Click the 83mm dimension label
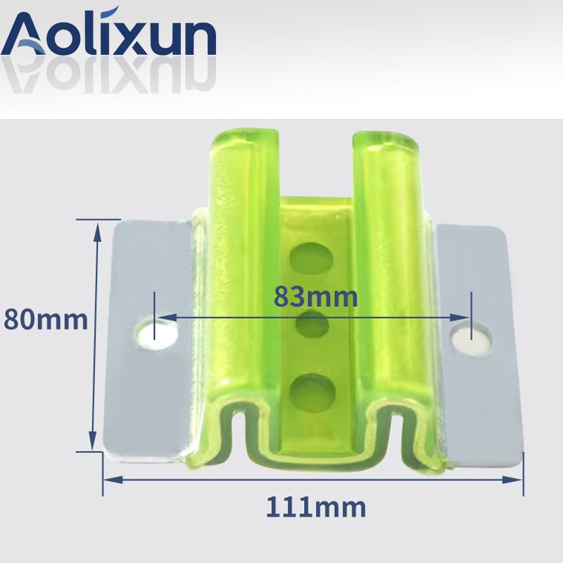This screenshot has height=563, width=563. tap(315, 297)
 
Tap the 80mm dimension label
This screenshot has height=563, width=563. tap(46, 320)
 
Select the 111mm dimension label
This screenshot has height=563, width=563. tap(316, 507)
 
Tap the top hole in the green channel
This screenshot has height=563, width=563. tap(312, 258)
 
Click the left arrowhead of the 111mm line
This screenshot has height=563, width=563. tap(112, 479)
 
